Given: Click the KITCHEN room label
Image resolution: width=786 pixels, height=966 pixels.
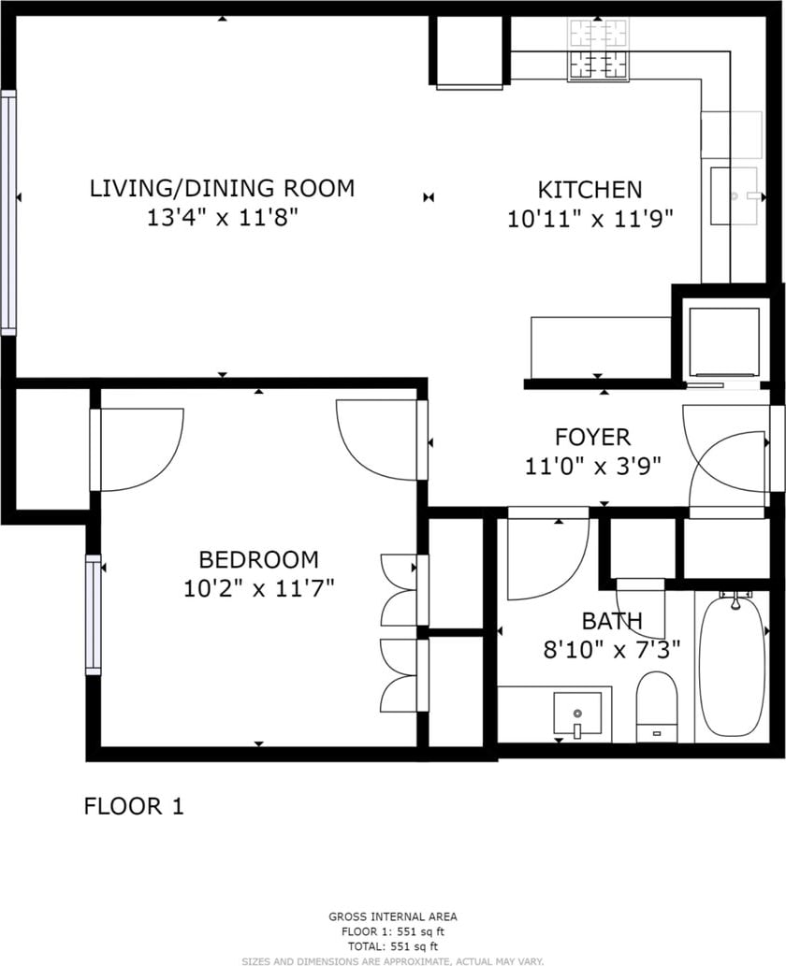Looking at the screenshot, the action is point(589,189).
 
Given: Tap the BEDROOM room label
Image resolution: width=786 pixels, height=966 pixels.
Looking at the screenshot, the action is point(259,559).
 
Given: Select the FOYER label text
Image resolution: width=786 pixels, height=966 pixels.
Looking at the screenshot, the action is point(592,437).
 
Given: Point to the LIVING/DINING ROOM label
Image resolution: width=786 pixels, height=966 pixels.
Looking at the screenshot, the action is point(223,188).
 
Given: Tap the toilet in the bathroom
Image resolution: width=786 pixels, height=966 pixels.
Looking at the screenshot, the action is point(657,707).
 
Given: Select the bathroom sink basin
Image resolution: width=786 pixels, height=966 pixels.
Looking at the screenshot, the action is point(577,714).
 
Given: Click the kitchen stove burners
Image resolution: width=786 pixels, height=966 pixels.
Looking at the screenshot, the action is point(599,50).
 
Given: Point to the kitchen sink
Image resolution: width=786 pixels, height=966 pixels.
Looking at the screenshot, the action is point(734,195).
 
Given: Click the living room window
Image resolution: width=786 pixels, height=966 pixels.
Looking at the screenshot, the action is point(8,212).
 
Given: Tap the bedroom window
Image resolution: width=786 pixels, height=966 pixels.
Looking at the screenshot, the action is point(93,614).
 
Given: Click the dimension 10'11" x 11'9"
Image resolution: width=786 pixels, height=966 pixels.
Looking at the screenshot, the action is point(589,219).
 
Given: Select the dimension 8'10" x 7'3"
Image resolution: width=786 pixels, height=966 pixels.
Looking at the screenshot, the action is point(612,649).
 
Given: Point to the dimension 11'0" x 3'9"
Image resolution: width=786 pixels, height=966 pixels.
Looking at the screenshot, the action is point(592,466).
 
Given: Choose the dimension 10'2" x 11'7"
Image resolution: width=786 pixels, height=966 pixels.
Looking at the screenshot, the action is point(259,589).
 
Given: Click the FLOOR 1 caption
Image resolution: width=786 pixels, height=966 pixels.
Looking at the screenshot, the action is point(134,806).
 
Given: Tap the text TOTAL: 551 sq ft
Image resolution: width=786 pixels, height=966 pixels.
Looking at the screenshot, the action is point(393,946).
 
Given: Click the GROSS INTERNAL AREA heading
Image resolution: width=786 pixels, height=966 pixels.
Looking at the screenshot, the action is point(393,916).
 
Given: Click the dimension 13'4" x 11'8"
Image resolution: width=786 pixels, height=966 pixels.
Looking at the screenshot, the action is point(223,218).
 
